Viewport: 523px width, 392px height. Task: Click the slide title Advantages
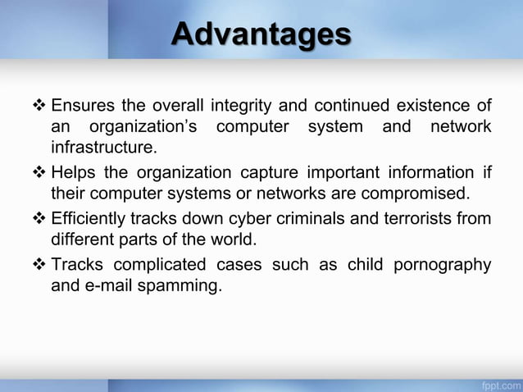click(261, 34)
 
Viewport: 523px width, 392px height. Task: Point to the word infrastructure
click(102, 148)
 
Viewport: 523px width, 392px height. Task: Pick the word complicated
click(161, 265)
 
